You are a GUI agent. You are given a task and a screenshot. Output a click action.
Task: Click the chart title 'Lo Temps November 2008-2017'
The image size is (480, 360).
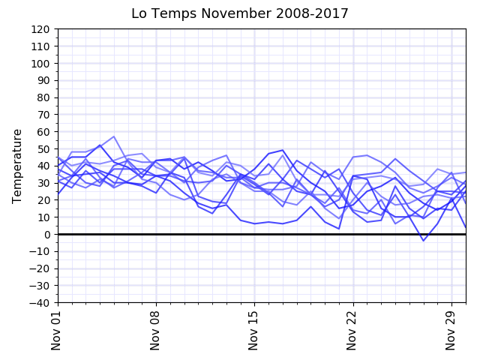pos(240,13)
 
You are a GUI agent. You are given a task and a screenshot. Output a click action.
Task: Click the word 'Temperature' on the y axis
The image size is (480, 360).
pos(17,166)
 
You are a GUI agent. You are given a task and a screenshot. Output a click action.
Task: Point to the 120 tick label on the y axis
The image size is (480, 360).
pos(40,29)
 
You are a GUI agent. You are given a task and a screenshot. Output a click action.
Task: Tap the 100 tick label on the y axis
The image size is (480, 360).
pos(40,64)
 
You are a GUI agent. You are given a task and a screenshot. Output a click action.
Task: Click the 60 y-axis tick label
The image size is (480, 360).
pos(43,132)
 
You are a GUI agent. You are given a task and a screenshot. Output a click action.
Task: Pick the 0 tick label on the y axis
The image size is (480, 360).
pos(46,234)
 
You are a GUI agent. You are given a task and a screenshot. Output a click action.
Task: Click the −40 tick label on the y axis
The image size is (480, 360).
pos(40,302)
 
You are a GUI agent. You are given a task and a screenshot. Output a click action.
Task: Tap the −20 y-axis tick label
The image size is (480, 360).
pos(40,268)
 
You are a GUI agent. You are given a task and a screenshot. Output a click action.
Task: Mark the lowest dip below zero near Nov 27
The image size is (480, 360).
pos(424,241)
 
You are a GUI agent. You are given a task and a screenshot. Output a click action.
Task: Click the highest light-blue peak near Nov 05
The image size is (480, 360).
pos(114,136)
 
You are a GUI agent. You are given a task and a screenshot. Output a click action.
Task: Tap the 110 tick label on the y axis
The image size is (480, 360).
pos(40,46)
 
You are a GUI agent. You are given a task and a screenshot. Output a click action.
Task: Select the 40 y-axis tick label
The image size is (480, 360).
pos(43,166)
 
